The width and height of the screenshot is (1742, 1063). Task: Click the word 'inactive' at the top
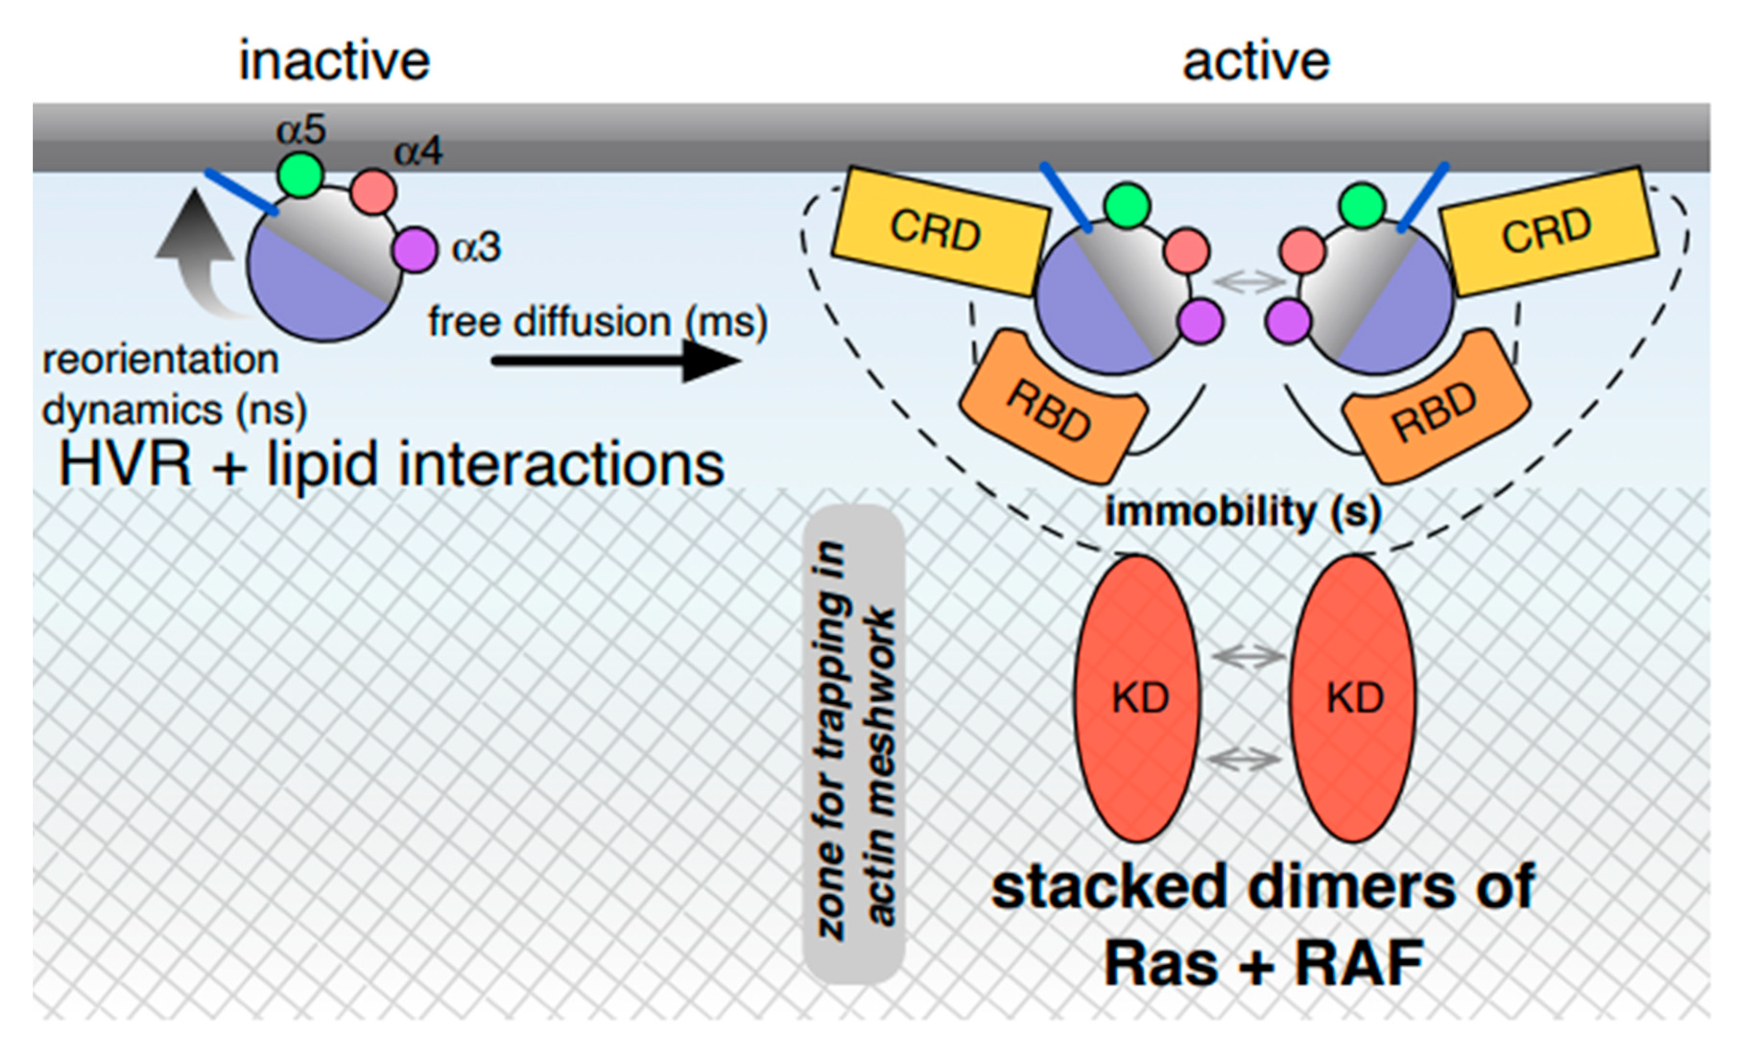pyautogui.click(x=334, y=61)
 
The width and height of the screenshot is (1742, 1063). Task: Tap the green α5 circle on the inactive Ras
pyautogui.click(x=300, y=175)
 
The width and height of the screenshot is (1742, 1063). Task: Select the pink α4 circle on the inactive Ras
pyautogui.click(x=373, y=191)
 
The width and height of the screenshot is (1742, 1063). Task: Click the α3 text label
pyautogui.click(x=476, y=248)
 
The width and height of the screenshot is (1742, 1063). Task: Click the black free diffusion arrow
pyautogui.click(x=615, y=361)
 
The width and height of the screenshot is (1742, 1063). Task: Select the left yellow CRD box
pyautogui.click(x=938, y=231)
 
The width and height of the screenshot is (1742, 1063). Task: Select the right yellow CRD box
pyautogui.click(x=1548, y=231)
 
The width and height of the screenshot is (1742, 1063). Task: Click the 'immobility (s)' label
pyautogui.click(x=1242, y=512)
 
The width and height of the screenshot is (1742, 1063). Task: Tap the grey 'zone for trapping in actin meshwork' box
pyautogui.click(x=854, y=742)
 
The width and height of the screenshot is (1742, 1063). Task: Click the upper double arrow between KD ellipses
pyautogui.click(x=1248, y=656)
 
